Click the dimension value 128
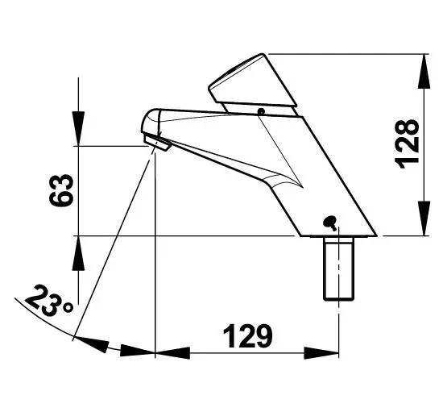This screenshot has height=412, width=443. click(407, 144)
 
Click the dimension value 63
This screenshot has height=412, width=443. click(61, 190)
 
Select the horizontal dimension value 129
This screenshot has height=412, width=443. click(248, 336)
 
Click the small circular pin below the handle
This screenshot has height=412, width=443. click(261, 111)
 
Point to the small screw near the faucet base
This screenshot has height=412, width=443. click(330, 223)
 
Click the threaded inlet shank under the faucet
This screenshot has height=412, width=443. click(338, 268)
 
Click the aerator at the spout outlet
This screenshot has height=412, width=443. click(157, 143)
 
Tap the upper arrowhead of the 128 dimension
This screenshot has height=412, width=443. click(424, 72)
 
